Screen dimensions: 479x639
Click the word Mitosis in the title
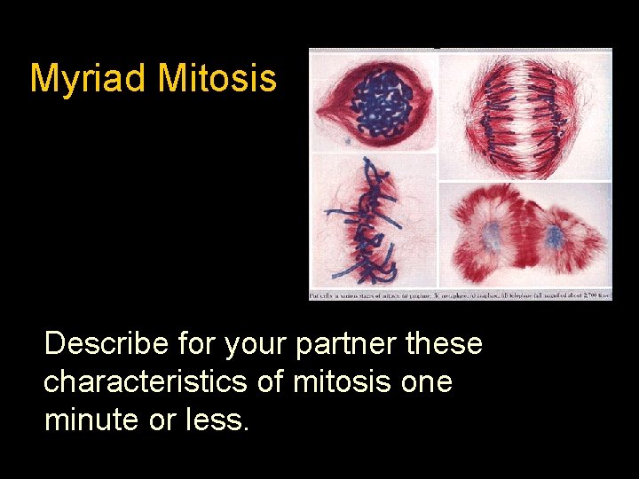pos(217,79)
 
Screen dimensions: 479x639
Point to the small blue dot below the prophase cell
pos(348,140)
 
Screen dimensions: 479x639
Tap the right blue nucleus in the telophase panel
pos(554,238)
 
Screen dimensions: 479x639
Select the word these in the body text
pos(444,343)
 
